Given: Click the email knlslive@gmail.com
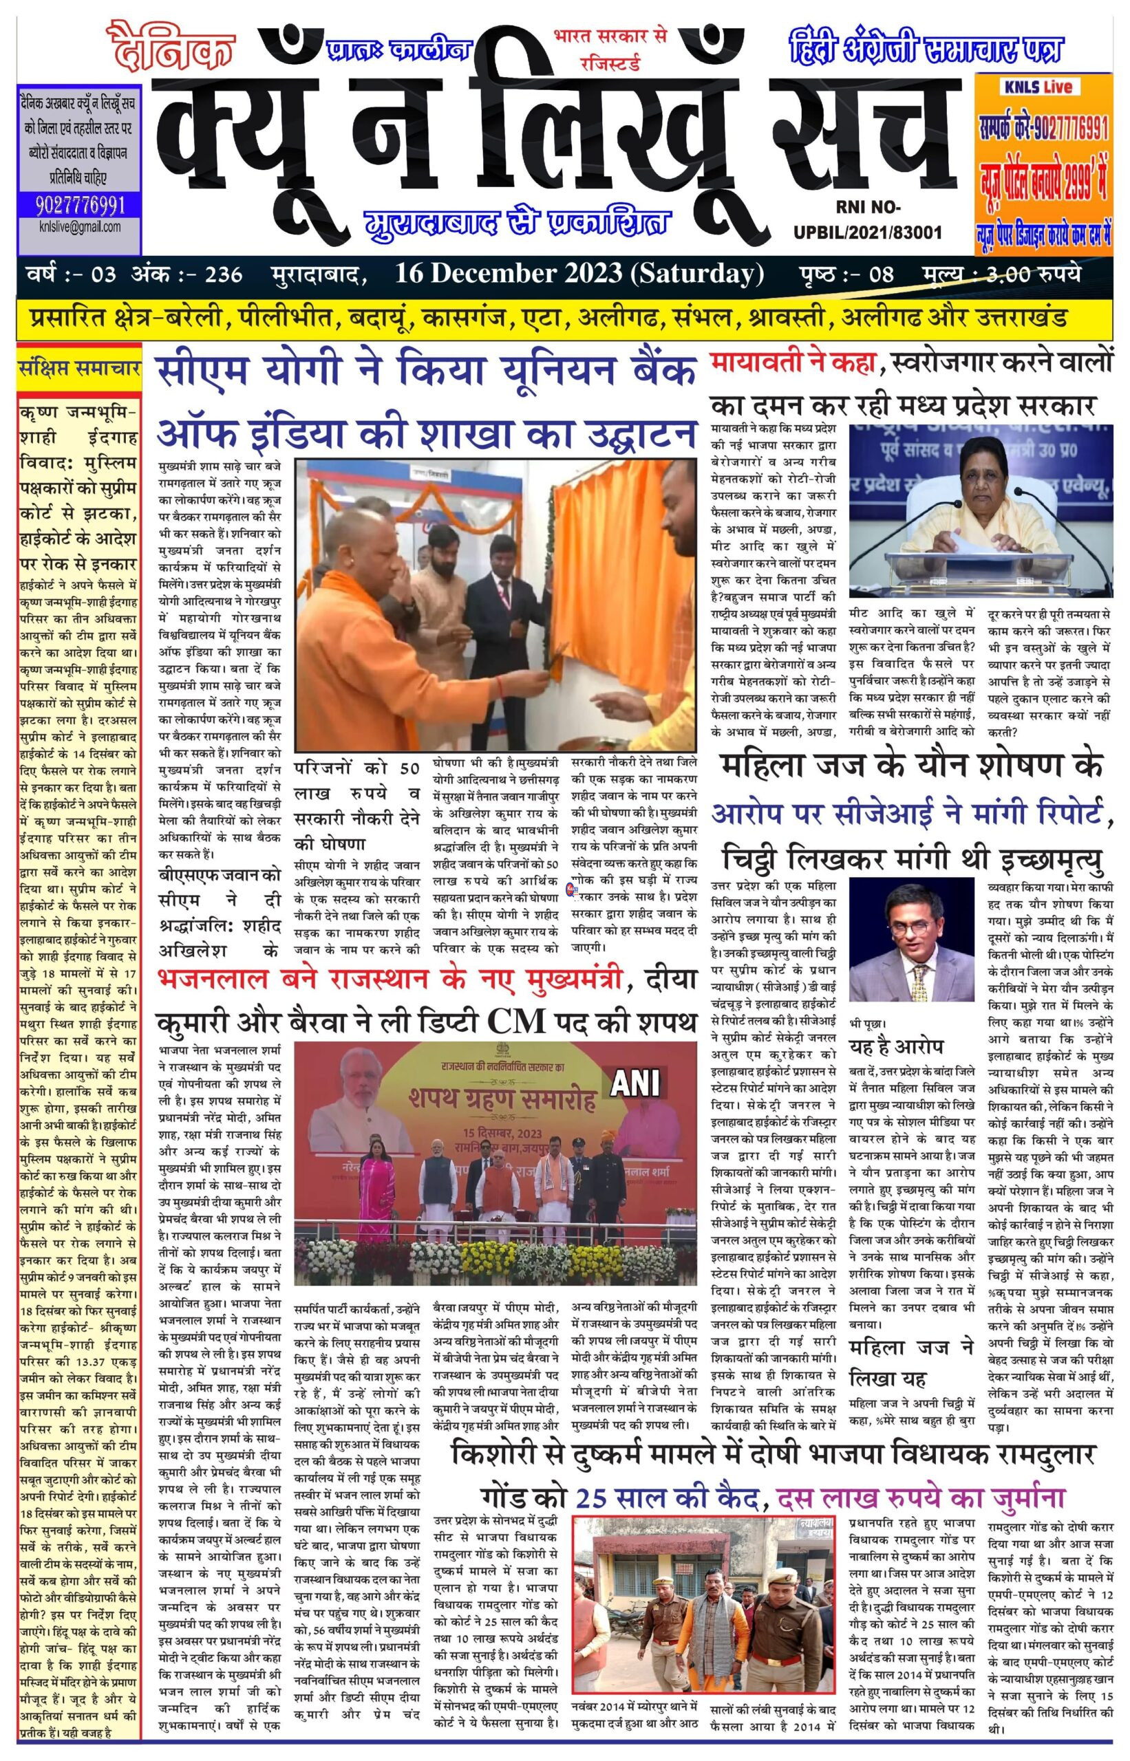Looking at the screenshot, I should [80, 226].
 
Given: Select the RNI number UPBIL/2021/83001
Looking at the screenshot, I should [867, 233].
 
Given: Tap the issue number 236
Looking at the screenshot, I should [224, 275].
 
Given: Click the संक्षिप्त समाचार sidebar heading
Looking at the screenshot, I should [79, 369].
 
